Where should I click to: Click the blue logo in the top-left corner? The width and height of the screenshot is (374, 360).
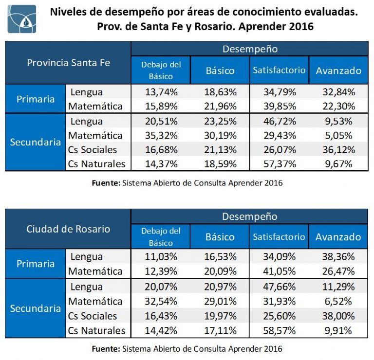[22, 19]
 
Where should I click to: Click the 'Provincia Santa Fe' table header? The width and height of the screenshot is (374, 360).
[69, 63]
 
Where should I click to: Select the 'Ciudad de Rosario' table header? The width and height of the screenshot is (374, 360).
[69, 229]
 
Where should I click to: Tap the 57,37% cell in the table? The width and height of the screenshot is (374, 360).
[279, 164]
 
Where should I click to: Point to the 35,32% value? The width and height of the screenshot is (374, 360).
[161, 135]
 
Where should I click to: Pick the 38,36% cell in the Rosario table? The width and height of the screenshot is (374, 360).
[338, 256]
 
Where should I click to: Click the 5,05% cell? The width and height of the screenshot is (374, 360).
[338, 135]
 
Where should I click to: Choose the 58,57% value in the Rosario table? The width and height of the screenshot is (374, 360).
[279, 331]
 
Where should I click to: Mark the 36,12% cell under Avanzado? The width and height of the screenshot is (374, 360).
[338, 149]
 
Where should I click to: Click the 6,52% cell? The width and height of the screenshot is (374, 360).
[338, 301]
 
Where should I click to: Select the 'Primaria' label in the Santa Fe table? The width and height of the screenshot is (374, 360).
[36, 99]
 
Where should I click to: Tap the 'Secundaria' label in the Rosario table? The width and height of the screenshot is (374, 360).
[36, 308]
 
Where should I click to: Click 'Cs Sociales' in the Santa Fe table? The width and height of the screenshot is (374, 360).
[93, 149]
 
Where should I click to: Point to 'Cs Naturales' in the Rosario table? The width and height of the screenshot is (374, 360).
[96, 331]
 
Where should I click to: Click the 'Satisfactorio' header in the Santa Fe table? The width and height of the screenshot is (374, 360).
[279, 70]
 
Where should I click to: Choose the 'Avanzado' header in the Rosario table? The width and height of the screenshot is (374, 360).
[338, 237]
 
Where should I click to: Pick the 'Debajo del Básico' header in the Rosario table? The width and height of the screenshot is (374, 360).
[161, 236]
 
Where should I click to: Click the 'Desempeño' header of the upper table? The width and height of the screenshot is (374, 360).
[250, 49]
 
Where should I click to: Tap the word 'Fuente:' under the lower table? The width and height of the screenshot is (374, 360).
[106, 349]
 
